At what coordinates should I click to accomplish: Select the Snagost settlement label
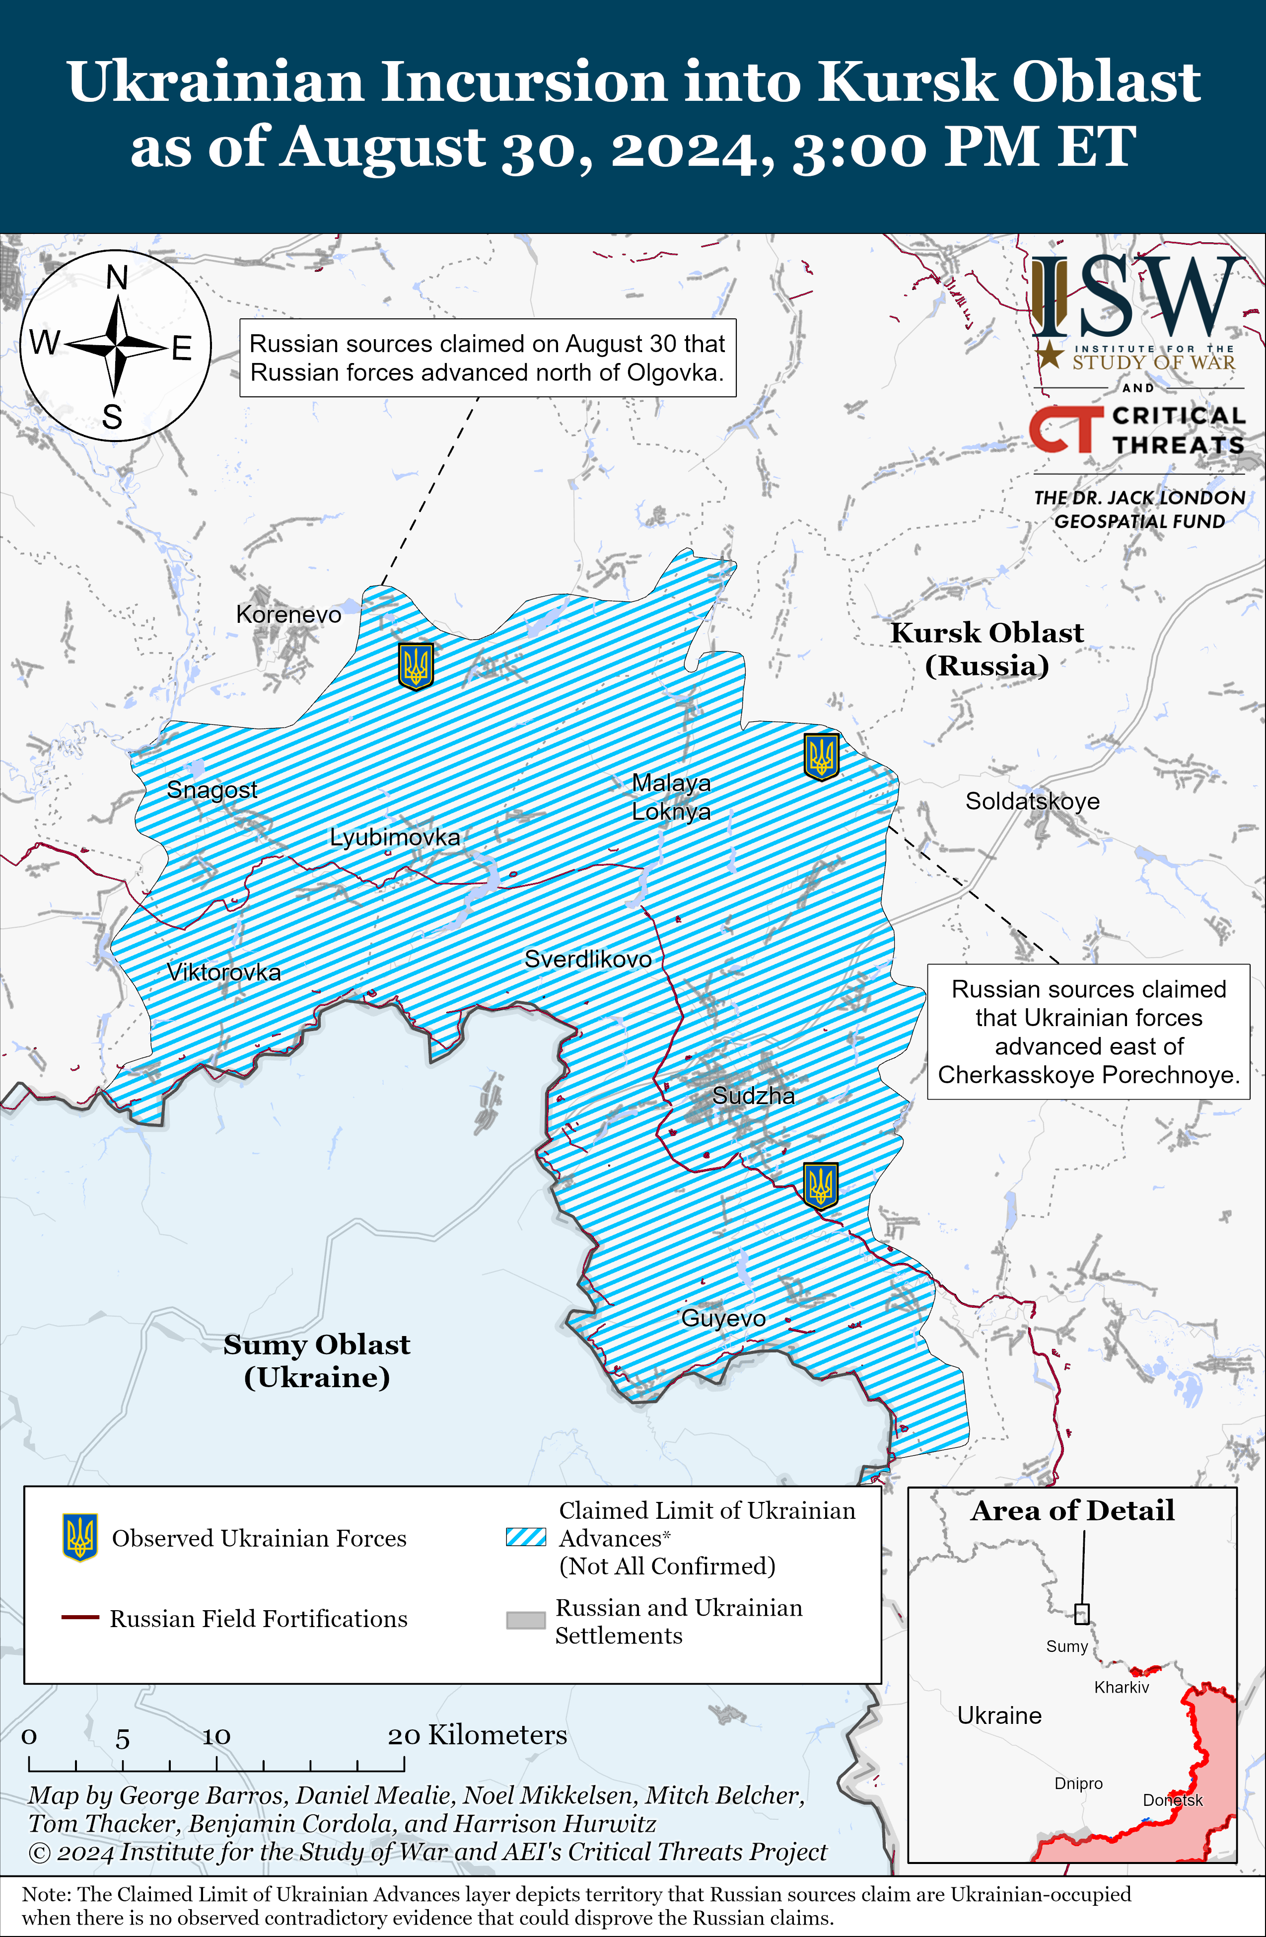(x=211, y=789)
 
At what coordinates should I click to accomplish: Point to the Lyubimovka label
(x=395, y=837)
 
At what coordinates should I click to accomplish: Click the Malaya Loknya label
(x=671, y=797)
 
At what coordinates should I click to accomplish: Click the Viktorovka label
(x=224, y=972)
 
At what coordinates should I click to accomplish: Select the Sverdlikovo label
(x=587, y=959)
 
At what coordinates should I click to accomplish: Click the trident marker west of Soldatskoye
(x=821, y=756)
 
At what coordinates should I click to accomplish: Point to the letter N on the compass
(x=117, y=278)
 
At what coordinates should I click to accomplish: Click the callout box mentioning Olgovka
(x=488, y=358)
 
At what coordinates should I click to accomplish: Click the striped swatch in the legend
(x=526, y=1537)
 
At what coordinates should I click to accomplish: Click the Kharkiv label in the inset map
(x=1121, y=1687)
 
